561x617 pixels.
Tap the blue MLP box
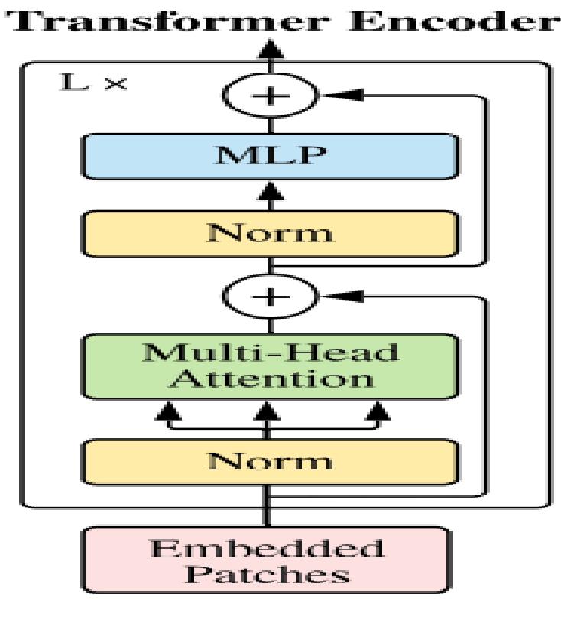click(269, 156)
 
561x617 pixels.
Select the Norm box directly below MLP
click(269, 232)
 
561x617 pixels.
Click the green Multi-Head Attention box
click(269, 366)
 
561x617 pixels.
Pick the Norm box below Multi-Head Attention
click(269, 461)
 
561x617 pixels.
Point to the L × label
click(93, 82)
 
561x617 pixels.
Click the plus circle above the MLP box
click(269, 96)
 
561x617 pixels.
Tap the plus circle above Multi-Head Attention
click(269, 296)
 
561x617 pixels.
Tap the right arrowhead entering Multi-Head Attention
click(377, 413)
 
